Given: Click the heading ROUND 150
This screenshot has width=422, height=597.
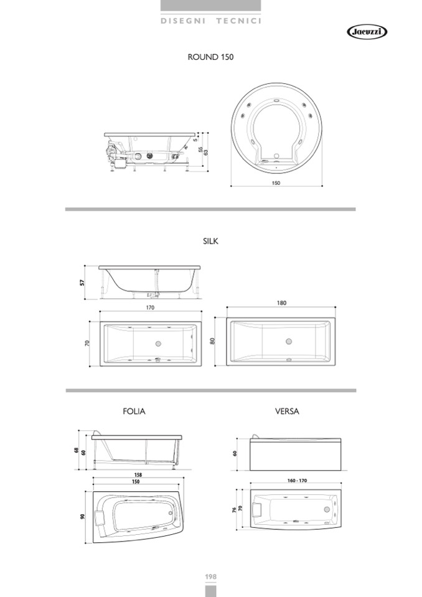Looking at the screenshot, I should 210,57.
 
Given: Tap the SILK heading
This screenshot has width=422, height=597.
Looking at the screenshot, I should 210,241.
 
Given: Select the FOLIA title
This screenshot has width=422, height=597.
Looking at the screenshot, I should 134,411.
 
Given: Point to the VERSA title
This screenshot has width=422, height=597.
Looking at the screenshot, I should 287,411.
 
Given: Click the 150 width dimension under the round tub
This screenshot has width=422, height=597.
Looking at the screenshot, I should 276,183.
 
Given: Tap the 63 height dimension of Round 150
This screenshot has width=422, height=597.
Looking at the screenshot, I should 205,152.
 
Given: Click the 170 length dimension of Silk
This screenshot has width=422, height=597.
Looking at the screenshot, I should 150,308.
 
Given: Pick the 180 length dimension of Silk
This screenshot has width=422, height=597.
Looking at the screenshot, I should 282,303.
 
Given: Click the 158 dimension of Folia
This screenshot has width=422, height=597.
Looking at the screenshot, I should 138,475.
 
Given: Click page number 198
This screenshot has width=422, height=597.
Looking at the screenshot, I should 210,576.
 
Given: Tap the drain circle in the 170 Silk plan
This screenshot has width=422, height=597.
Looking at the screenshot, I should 158,343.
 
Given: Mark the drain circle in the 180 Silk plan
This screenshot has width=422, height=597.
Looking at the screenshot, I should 288,341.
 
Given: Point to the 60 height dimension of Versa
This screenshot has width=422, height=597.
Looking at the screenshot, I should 235,453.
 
